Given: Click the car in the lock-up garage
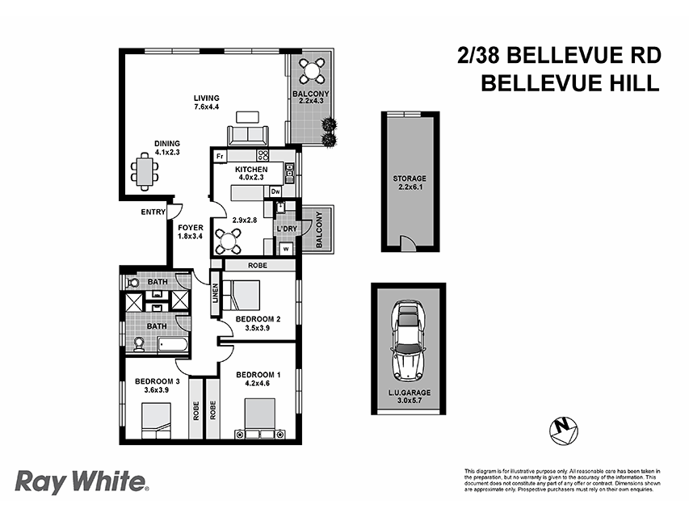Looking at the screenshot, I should point(409,344).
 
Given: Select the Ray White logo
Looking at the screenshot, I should point(82,482).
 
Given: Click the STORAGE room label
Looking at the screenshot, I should point(410,179).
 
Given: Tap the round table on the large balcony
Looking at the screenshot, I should point(312,72).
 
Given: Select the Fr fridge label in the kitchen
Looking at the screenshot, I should point(219,155).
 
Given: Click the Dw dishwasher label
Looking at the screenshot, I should point(275,191).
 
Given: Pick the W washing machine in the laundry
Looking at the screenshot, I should point(286,249).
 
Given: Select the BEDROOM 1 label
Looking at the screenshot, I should point(257,375).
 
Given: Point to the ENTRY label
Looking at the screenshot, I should point(153,212).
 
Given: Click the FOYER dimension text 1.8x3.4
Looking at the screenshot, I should point(191,237).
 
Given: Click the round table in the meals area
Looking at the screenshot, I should point(230,239).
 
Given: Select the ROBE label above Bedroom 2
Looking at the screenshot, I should point(258,264).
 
